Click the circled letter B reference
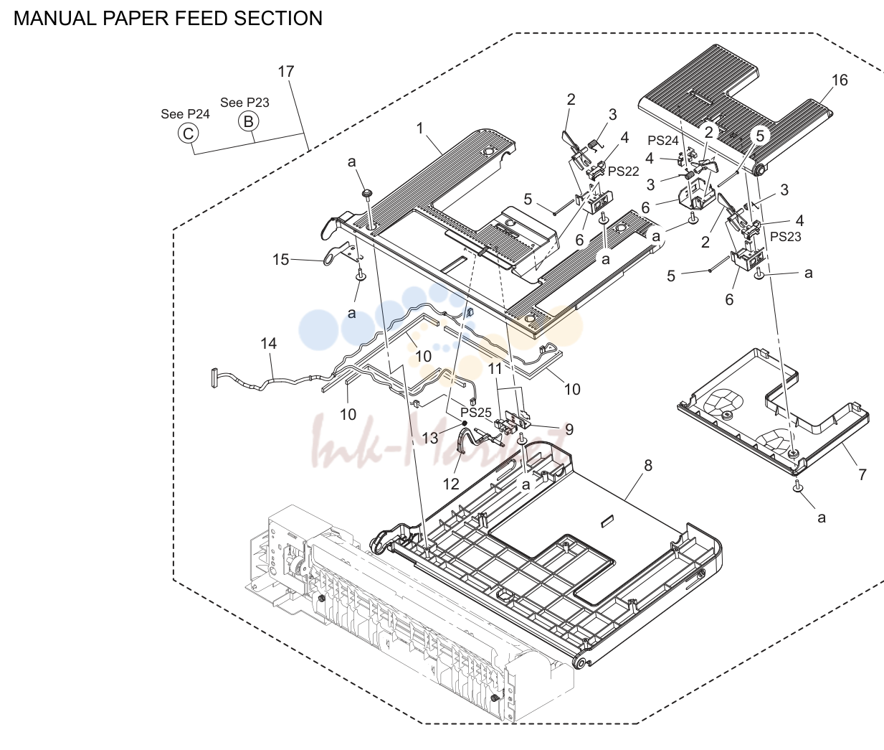[x=249, y=121]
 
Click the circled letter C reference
[x=188, y=133]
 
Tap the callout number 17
[x=286, y=72]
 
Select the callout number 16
[x=840, y=80]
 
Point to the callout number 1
[x=419, y=128]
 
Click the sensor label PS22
[x=623, y=172]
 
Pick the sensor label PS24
[x=663, y=141]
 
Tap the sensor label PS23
[x=785, y=236]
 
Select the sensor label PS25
[x=476, y=412]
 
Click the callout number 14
[x=269, y=343]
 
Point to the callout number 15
[x=280, y=259]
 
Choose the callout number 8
[x=648, y=465]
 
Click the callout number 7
[x=862, y=474]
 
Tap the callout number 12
[x=451, y=484]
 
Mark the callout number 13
[x=430, y=438]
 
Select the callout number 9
[x=569, y=429]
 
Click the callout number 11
[x=495, y=369]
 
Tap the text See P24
[x=185, y=114]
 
